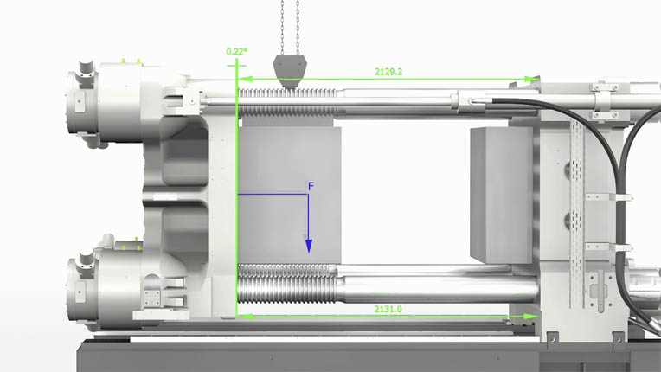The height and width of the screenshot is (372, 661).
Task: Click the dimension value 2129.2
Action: (x=388, y=72)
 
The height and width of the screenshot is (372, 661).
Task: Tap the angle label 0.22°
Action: (x=237, y=52)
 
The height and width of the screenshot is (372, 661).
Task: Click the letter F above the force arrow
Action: (x=311, y=186)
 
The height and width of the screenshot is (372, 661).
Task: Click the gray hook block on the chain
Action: (x=289, y=68)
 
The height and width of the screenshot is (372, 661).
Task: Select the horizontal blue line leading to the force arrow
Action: (x=273, y=195)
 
